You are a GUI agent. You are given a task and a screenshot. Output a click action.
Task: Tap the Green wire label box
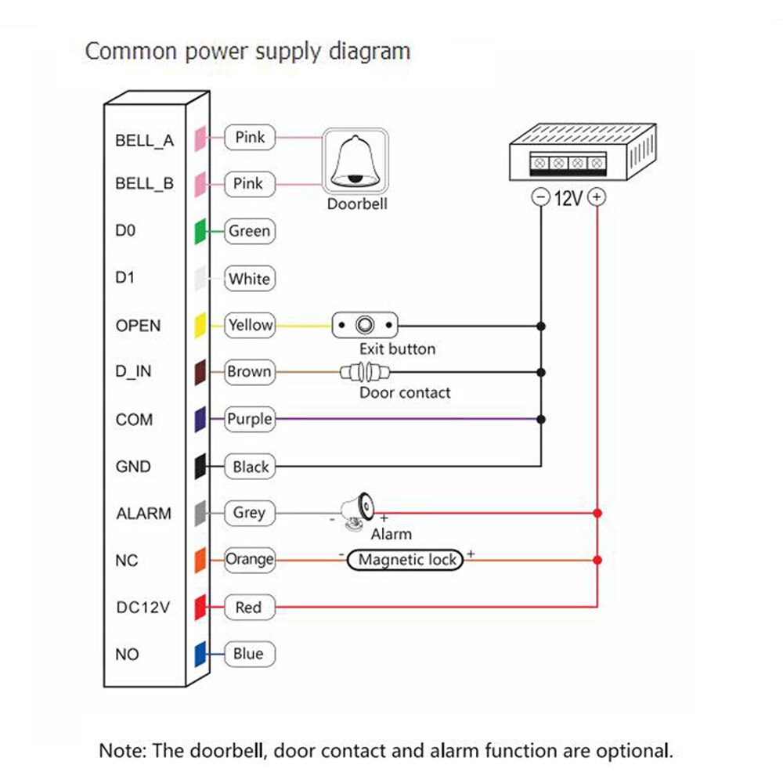click(249, 232)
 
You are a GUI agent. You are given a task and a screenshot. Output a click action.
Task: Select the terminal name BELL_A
click(144, 142)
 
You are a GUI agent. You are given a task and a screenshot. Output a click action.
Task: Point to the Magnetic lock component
click(407, 560)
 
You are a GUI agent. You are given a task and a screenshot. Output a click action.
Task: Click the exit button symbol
click(365, 324)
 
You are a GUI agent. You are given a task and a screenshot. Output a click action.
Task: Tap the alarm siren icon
click(359, 509)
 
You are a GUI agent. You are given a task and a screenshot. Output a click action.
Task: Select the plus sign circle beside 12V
click(597, 197)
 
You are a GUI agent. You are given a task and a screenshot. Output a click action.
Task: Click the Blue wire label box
click(249, 655)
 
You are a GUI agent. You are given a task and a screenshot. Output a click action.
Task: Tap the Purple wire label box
click(249, 419)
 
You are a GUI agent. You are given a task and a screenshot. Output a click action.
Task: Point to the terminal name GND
click(133, 467)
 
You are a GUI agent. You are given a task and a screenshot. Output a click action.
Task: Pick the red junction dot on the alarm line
click(597, 514)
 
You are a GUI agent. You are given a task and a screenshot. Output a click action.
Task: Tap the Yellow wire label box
click(250, 325)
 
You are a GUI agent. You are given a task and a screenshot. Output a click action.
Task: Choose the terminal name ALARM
click(143, 514)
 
